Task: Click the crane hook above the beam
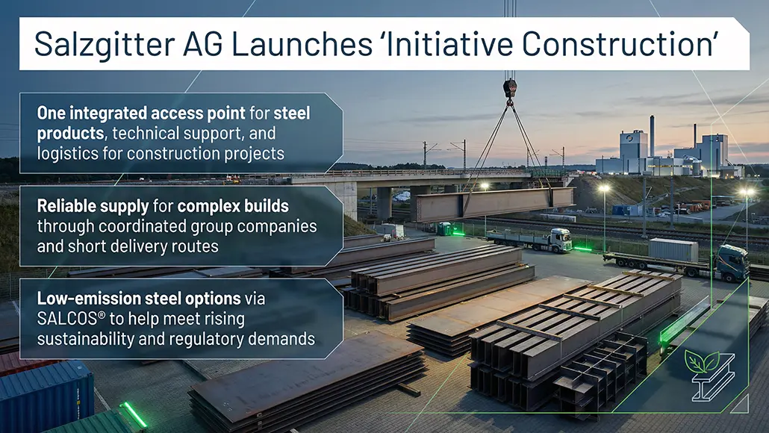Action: pos(510,88)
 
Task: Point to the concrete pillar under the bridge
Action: pos(384,202)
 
